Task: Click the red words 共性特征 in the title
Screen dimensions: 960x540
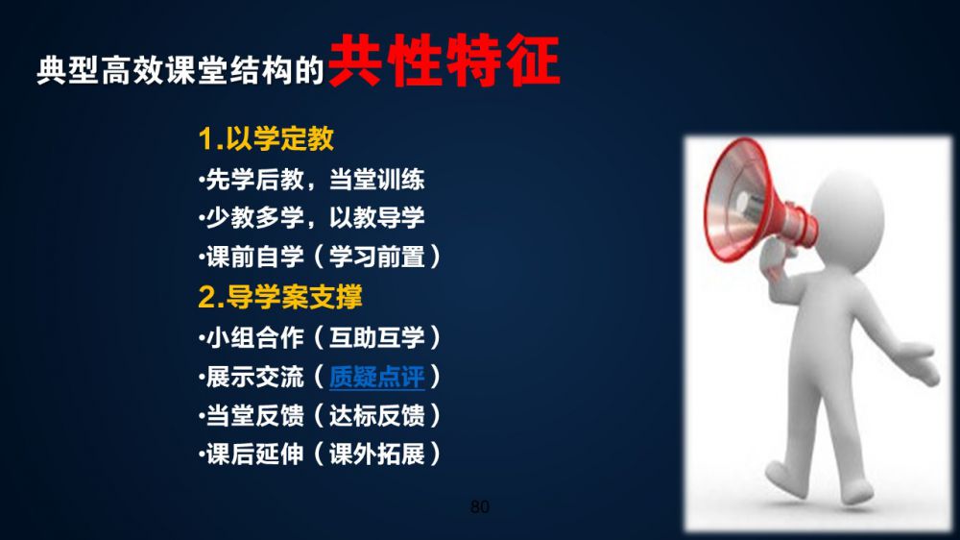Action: pyautogui.click(x=444, y=61)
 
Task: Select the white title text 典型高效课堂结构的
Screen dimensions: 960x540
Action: pyautogui.click(x=180, y=70)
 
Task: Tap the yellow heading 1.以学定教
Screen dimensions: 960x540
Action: pyautogui.click(x=266, y=138)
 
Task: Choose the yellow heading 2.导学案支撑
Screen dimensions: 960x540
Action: pyautogui.click(x=280, y=297)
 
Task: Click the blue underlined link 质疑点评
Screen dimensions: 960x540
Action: pyautogui.click(x=376, y=377)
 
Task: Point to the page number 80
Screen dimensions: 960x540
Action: pyautogui.click(x=479, y=506)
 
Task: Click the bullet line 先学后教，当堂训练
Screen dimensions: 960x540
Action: pyautogui.click(x=312, y=180)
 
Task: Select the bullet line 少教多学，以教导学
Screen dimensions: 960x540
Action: pyautogui.click(x=312, y=217)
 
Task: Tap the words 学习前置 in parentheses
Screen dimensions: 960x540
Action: pyautogui.click(x=377, y=257)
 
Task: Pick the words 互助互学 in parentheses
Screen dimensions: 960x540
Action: pyautogui.click(x=377, y=337)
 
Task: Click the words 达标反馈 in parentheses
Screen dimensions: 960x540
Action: pyautogui.click(x=377, y=416)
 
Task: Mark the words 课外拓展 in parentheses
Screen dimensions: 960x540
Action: pyautogui.click(x=377, y=454)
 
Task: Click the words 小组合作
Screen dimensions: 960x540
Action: pyautogui.click(x=254, y=337)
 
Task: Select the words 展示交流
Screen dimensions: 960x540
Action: pyautogui.click(x=254, y=377)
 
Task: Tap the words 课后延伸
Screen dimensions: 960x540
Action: pyautogui.click(x=254, y=454)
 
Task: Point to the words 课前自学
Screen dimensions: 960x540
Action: pyautogui.click(x=254, y=257)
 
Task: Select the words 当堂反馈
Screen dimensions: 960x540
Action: pyautogui.click(x=254, y=416)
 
